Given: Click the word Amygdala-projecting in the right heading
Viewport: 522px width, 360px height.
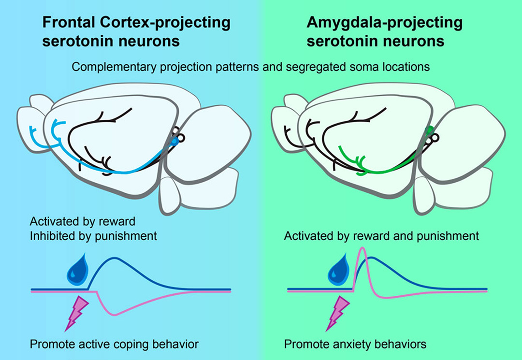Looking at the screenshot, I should pyautogui.click(x=385, y=22).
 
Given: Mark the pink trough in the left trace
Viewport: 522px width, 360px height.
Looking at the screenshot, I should pyautogui.click(x=112, y=314).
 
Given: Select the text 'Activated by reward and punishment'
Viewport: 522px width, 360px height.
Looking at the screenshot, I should pyautogui.click(x=381, y=237).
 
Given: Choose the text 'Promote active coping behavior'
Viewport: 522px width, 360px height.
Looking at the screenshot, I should pyautogui.click(x=114, y=345).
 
